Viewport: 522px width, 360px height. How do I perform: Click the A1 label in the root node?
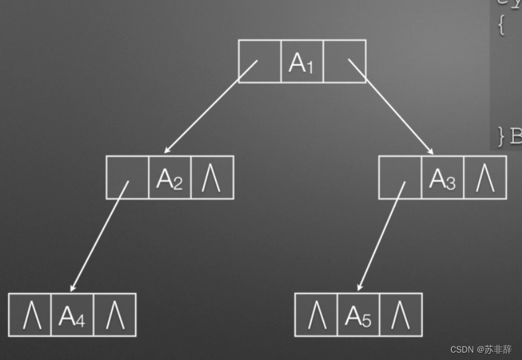coord(302,62)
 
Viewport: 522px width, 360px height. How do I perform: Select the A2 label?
coord(169,178)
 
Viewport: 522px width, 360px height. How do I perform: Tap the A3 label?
coord(442,178)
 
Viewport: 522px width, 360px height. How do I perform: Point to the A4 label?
coord(72,316)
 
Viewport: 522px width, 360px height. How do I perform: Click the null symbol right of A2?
coord(212,178)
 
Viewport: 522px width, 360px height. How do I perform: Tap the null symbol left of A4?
coord(30,315)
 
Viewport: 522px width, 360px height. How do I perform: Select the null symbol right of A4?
coord(115,315)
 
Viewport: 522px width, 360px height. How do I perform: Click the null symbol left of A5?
coord(316,315)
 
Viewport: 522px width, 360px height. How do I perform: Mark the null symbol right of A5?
coord(401,315)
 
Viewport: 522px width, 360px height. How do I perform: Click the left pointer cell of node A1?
coord(259,61)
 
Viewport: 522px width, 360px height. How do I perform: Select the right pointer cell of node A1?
coord(345,61)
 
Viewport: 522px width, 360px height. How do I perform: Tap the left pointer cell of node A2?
coord(127,178)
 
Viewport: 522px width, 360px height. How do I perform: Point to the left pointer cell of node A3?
coord(400,178)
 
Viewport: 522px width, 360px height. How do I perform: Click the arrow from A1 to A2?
coord(210,108)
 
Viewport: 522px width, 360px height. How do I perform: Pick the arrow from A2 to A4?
coord(99,237)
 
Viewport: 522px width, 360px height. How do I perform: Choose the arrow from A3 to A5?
coord(381,237)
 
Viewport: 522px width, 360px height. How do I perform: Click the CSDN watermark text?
coord(481,349)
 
